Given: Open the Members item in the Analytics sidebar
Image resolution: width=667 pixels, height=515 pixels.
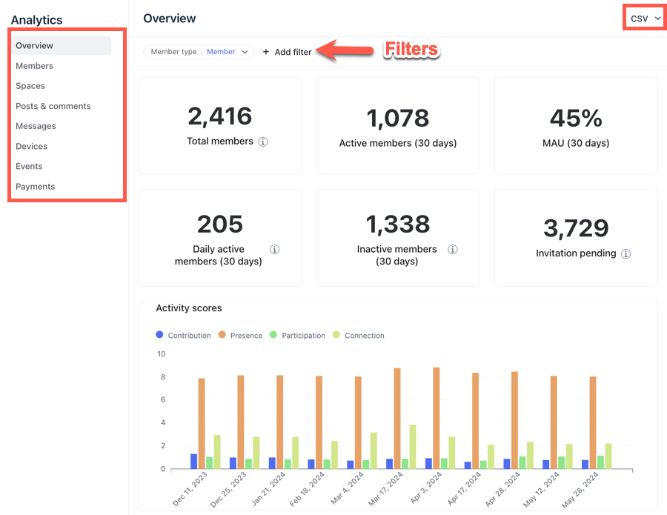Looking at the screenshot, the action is point(34,66).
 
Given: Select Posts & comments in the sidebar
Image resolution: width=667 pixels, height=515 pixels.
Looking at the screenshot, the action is point(53,106).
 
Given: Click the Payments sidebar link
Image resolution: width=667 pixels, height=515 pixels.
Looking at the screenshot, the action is point(36,186).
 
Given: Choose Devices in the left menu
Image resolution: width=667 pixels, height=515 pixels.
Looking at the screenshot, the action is point(31,146).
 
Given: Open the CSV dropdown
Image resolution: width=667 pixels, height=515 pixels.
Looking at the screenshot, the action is point(646,19).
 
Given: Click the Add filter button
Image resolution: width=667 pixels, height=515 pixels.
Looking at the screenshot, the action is point(287,52).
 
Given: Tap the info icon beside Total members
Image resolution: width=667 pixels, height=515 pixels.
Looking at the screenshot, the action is point(263,142).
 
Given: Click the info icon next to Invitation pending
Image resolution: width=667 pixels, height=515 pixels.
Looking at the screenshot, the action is point(625,254).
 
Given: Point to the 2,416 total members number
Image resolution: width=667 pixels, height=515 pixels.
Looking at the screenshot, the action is point(220,116).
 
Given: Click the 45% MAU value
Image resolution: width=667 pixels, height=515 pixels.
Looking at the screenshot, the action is point(576,118).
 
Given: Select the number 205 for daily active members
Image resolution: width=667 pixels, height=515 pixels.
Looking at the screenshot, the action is point(220,224).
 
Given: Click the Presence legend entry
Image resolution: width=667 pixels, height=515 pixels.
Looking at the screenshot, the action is point(240,335).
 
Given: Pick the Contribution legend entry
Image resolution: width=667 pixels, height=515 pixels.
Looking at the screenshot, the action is point(183,335).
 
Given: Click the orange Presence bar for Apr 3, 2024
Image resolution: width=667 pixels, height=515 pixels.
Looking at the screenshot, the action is point(436,418).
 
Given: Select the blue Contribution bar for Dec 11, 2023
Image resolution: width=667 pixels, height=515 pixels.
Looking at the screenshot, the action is point(194,462).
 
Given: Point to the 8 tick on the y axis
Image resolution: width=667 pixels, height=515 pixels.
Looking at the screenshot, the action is point(163,376).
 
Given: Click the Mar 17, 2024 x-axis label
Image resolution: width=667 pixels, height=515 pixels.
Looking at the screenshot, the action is point(385,489).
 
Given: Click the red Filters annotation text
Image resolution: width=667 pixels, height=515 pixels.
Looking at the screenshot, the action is point(411,50).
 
